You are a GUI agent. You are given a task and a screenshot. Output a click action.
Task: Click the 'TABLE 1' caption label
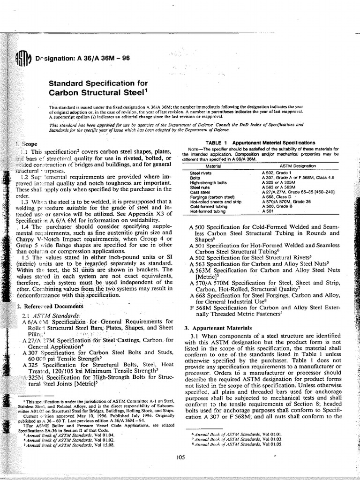click(214, 142)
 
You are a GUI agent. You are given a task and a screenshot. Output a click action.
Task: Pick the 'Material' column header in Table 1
click(213, 166)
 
